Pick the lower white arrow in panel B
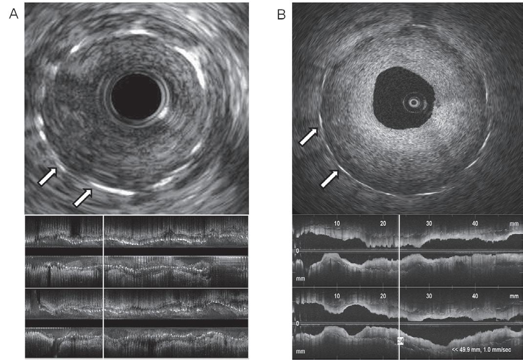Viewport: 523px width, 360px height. pyautogui.click(x=329, y=178)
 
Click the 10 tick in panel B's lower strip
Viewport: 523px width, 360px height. pyautogui.click(x=337, y=296)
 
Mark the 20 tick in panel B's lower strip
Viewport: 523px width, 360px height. pyautogui.click(x=383, y=296)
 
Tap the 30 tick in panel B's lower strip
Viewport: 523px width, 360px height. pyautogui.click(x=430, y=296)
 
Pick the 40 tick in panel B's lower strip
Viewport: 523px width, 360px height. pyautogui.click(x=475, y=296)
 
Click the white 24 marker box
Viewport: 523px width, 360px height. pyautogui.click(x=400, y=341)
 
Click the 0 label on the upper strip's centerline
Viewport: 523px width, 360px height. pyautogui.click(x=297, y=251)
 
